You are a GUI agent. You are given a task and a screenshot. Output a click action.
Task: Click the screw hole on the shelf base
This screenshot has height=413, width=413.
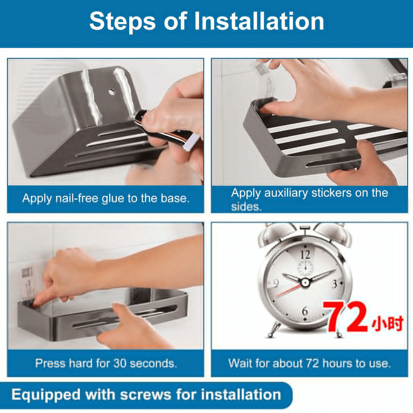coord(112,92)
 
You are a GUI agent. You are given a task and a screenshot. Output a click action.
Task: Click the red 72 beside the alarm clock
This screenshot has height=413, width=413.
coord(346,317)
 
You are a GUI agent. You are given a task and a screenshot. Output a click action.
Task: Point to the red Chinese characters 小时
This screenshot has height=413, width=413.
coord(387,323)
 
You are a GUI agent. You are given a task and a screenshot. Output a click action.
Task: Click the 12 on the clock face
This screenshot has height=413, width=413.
coord(305,255)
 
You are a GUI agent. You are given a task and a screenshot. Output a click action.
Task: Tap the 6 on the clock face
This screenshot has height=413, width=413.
coord(305,310)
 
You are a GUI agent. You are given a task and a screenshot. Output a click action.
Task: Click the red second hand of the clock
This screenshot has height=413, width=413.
coord(289,290)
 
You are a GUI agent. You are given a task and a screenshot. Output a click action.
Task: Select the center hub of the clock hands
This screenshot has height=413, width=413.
coord(305,283)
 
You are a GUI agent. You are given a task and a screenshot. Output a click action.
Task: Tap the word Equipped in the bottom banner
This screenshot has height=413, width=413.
coord(46,395)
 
